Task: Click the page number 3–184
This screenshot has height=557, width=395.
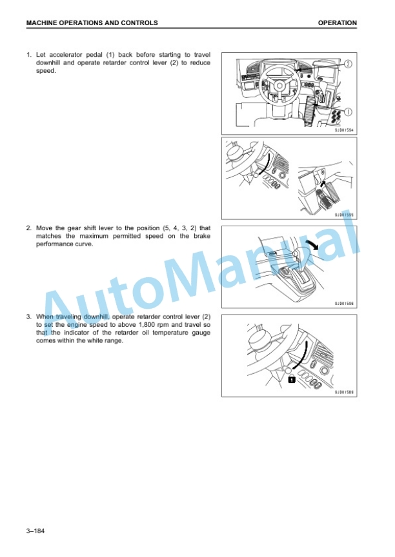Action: [35, 531]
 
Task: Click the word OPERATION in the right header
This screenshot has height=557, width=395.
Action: [338, 23]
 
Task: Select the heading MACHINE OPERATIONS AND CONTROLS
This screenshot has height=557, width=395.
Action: [92, 23]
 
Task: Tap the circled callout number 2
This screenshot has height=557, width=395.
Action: [348, 64]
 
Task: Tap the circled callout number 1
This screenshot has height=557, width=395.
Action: [348, 112]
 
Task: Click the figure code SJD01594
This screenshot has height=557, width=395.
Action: [344, 130]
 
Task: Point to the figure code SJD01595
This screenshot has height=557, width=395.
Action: [344, 215]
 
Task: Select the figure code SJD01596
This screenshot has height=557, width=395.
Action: [344, 304]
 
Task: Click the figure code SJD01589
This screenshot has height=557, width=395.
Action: [344, 392]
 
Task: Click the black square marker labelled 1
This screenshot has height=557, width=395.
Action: [292, 380]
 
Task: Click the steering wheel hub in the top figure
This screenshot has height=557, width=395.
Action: [279, 86]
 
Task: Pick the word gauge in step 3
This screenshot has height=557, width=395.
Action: [201, 333]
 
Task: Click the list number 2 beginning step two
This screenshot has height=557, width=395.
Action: [28, 228]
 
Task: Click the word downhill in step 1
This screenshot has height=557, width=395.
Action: [48, 63]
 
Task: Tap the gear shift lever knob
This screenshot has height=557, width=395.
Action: [296, 253]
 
